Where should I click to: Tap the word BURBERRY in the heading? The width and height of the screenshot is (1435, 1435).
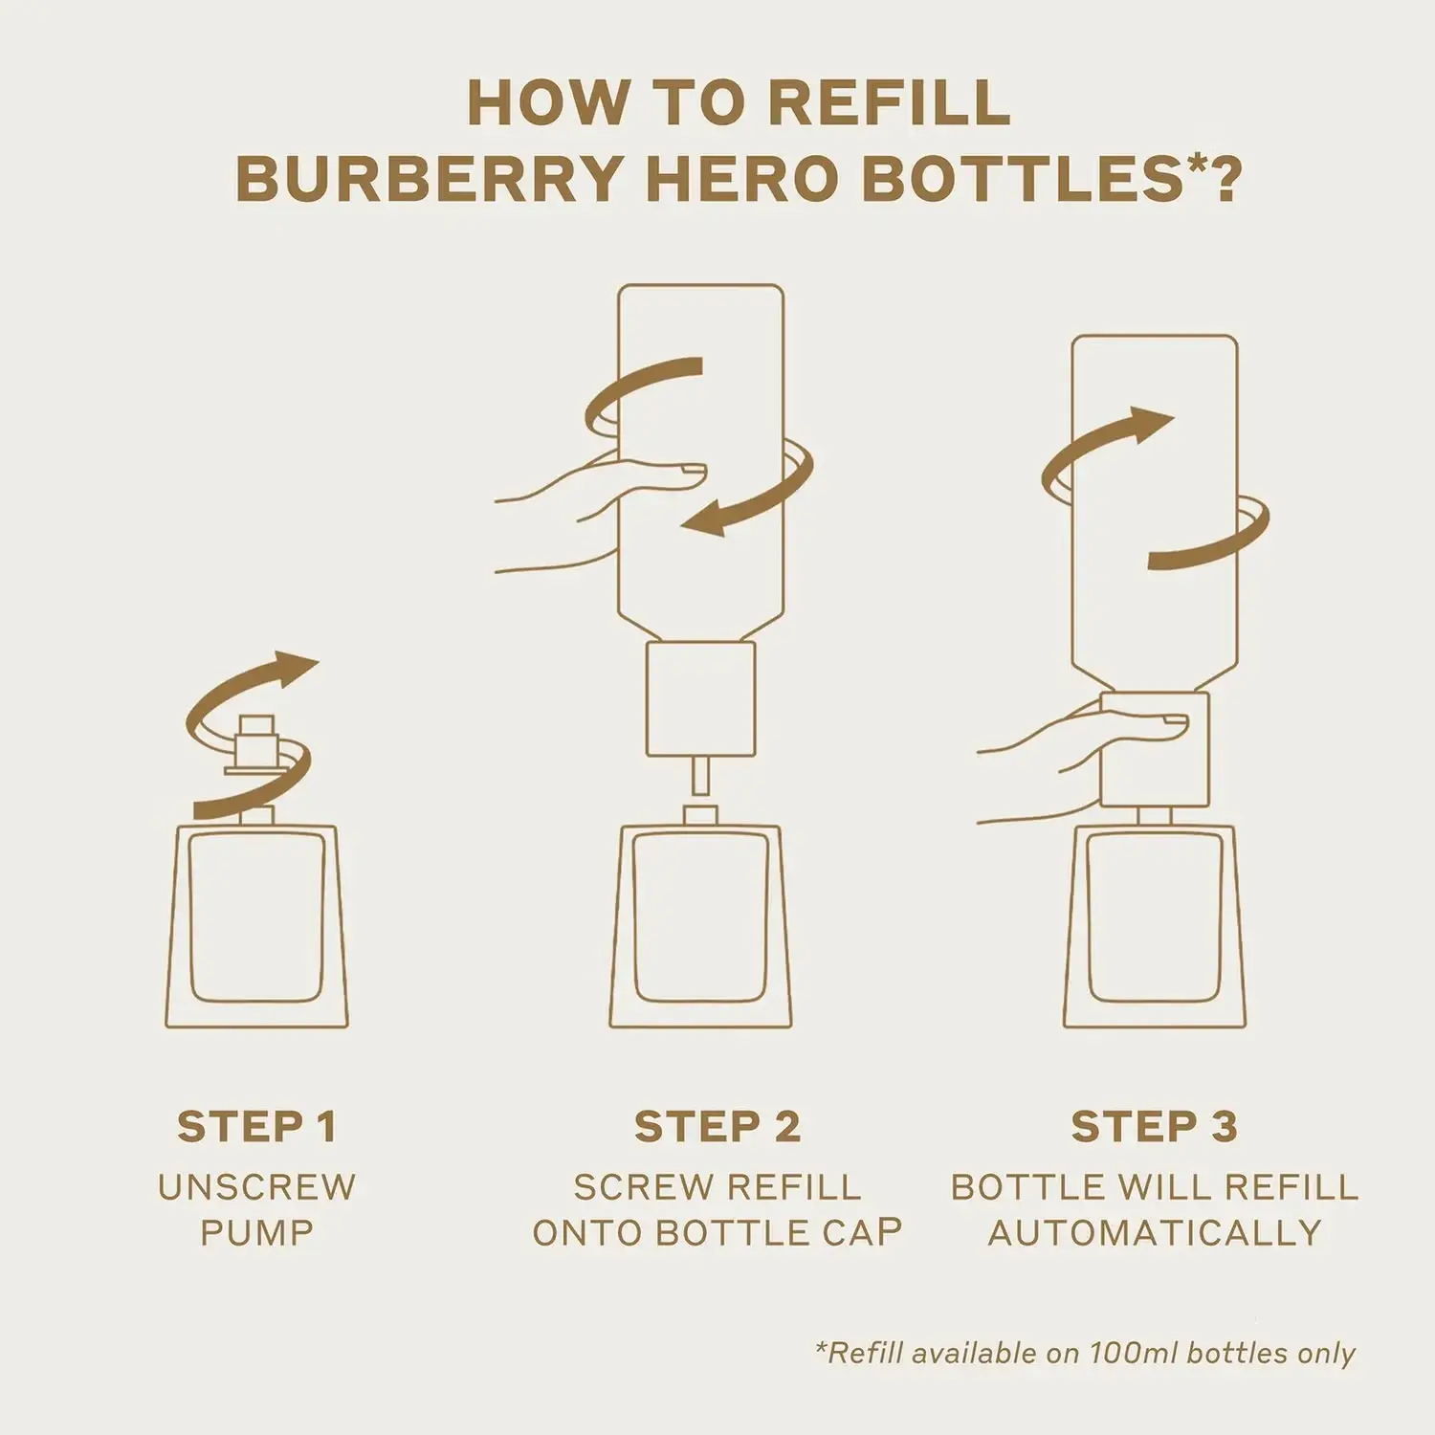(x=430, y=178)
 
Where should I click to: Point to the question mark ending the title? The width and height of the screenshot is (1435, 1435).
(x=1222, y=178)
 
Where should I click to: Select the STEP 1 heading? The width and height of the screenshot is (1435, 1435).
(x=256, y=1127)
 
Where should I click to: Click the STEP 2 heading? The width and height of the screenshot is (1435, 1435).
(x=717, y=1127)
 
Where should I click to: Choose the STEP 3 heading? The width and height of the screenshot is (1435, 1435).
(x=1155, y=1127)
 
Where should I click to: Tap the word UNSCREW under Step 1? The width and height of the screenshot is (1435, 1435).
(x=256, y=1187)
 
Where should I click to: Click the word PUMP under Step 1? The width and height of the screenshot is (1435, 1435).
(x=256, y=1233)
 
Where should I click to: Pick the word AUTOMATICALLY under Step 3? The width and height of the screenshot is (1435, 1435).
(x=1155, y=1233)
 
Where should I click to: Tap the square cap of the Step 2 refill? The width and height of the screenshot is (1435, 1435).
(x=701, y=699)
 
